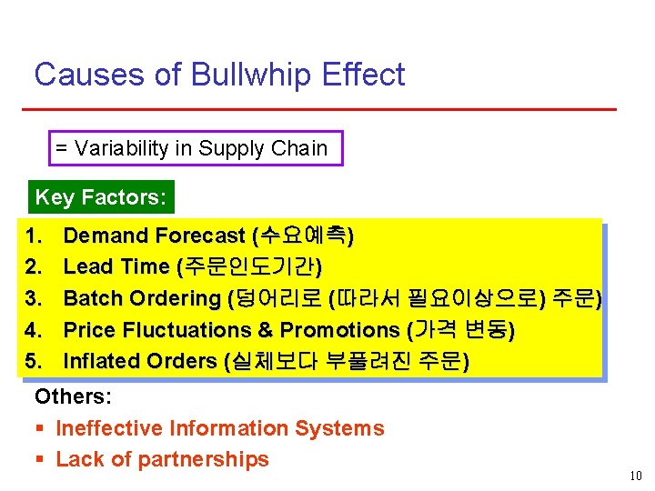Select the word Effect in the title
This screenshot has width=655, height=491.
(368, 75)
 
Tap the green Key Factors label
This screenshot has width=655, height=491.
(101, 197)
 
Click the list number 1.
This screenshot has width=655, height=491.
(35, 236)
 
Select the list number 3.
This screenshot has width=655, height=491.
(35, 298)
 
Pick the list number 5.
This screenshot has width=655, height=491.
(35, 361)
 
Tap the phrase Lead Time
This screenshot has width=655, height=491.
(116, 267)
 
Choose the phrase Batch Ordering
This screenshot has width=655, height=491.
(142, 298)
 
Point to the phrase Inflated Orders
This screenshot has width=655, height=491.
(140, 361)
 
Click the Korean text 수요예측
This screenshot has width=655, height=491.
(303, 236)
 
